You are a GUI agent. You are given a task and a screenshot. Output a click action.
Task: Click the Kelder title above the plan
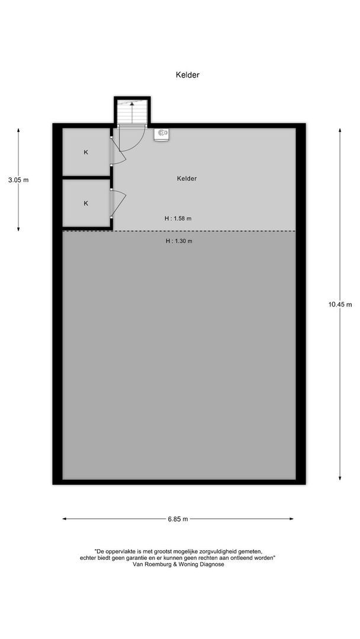click(187, 75)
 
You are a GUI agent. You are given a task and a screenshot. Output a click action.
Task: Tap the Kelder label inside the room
click(187, 179)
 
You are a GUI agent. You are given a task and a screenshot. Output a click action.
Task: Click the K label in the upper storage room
click(86, 153)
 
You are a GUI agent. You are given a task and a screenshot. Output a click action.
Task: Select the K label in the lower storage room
click(86, 204)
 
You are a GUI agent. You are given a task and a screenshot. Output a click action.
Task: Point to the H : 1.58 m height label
click(178, 218)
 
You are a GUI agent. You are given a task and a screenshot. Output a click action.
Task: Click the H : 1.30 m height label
click(179, 241)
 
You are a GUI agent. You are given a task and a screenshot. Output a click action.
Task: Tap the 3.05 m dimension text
click(18, 180)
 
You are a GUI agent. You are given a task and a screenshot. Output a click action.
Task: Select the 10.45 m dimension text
click(340, 304)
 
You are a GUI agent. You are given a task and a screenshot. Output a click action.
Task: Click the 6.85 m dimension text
click(178, 519)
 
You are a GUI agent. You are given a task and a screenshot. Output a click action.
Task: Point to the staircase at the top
click(132, 112)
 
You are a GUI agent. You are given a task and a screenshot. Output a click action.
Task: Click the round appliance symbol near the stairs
click(162, 134)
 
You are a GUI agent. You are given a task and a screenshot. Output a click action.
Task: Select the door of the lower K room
click(117, 202)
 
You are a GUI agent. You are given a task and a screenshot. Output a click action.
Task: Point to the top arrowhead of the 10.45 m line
click(340, 130)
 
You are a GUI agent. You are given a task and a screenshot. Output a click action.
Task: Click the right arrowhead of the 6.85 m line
click(291, 519)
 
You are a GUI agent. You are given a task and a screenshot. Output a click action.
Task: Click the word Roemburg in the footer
click(156, 564)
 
